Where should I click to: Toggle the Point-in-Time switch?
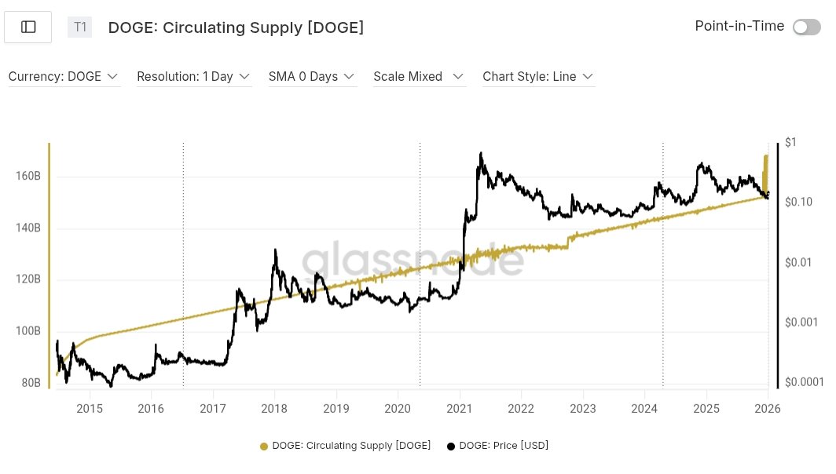click(807, 27)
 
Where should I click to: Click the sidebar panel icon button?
click(28, 27)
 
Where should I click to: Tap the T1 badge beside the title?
click(79, 27)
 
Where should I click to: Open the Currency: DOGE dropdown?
click(63, 77)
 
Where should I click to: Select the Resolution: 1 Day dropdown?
click(193, 77)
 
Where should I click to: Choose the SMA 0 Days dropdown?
click(311, 77)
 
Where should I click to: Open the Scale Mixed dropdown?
click(419, 77)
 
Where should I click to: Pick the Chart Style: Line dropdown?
click(537, 77)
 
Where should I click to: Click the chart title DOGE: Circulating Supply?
click(236, 27)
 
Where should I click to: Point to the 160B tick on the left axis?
click(27, 177)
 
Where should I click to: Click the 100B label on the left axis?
click(27, 331)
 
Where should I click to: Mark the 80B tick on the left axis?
click(30, 383)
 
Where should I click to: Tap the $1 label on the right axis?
click(790, 142)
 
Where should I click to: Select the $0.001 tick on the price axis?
click(801, 322)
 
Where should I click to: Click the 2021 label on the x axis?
click(459, 409)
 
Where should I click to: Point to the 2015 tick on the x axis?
click(90, 409)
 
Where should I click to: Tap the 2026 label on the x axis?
click(768, 409)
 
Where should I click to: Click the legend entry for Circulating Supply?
click(346, 446)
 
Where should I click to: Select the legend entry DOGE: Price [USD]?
click(497, 446)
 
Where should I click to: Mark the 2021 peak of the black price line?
click(480, 153)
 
